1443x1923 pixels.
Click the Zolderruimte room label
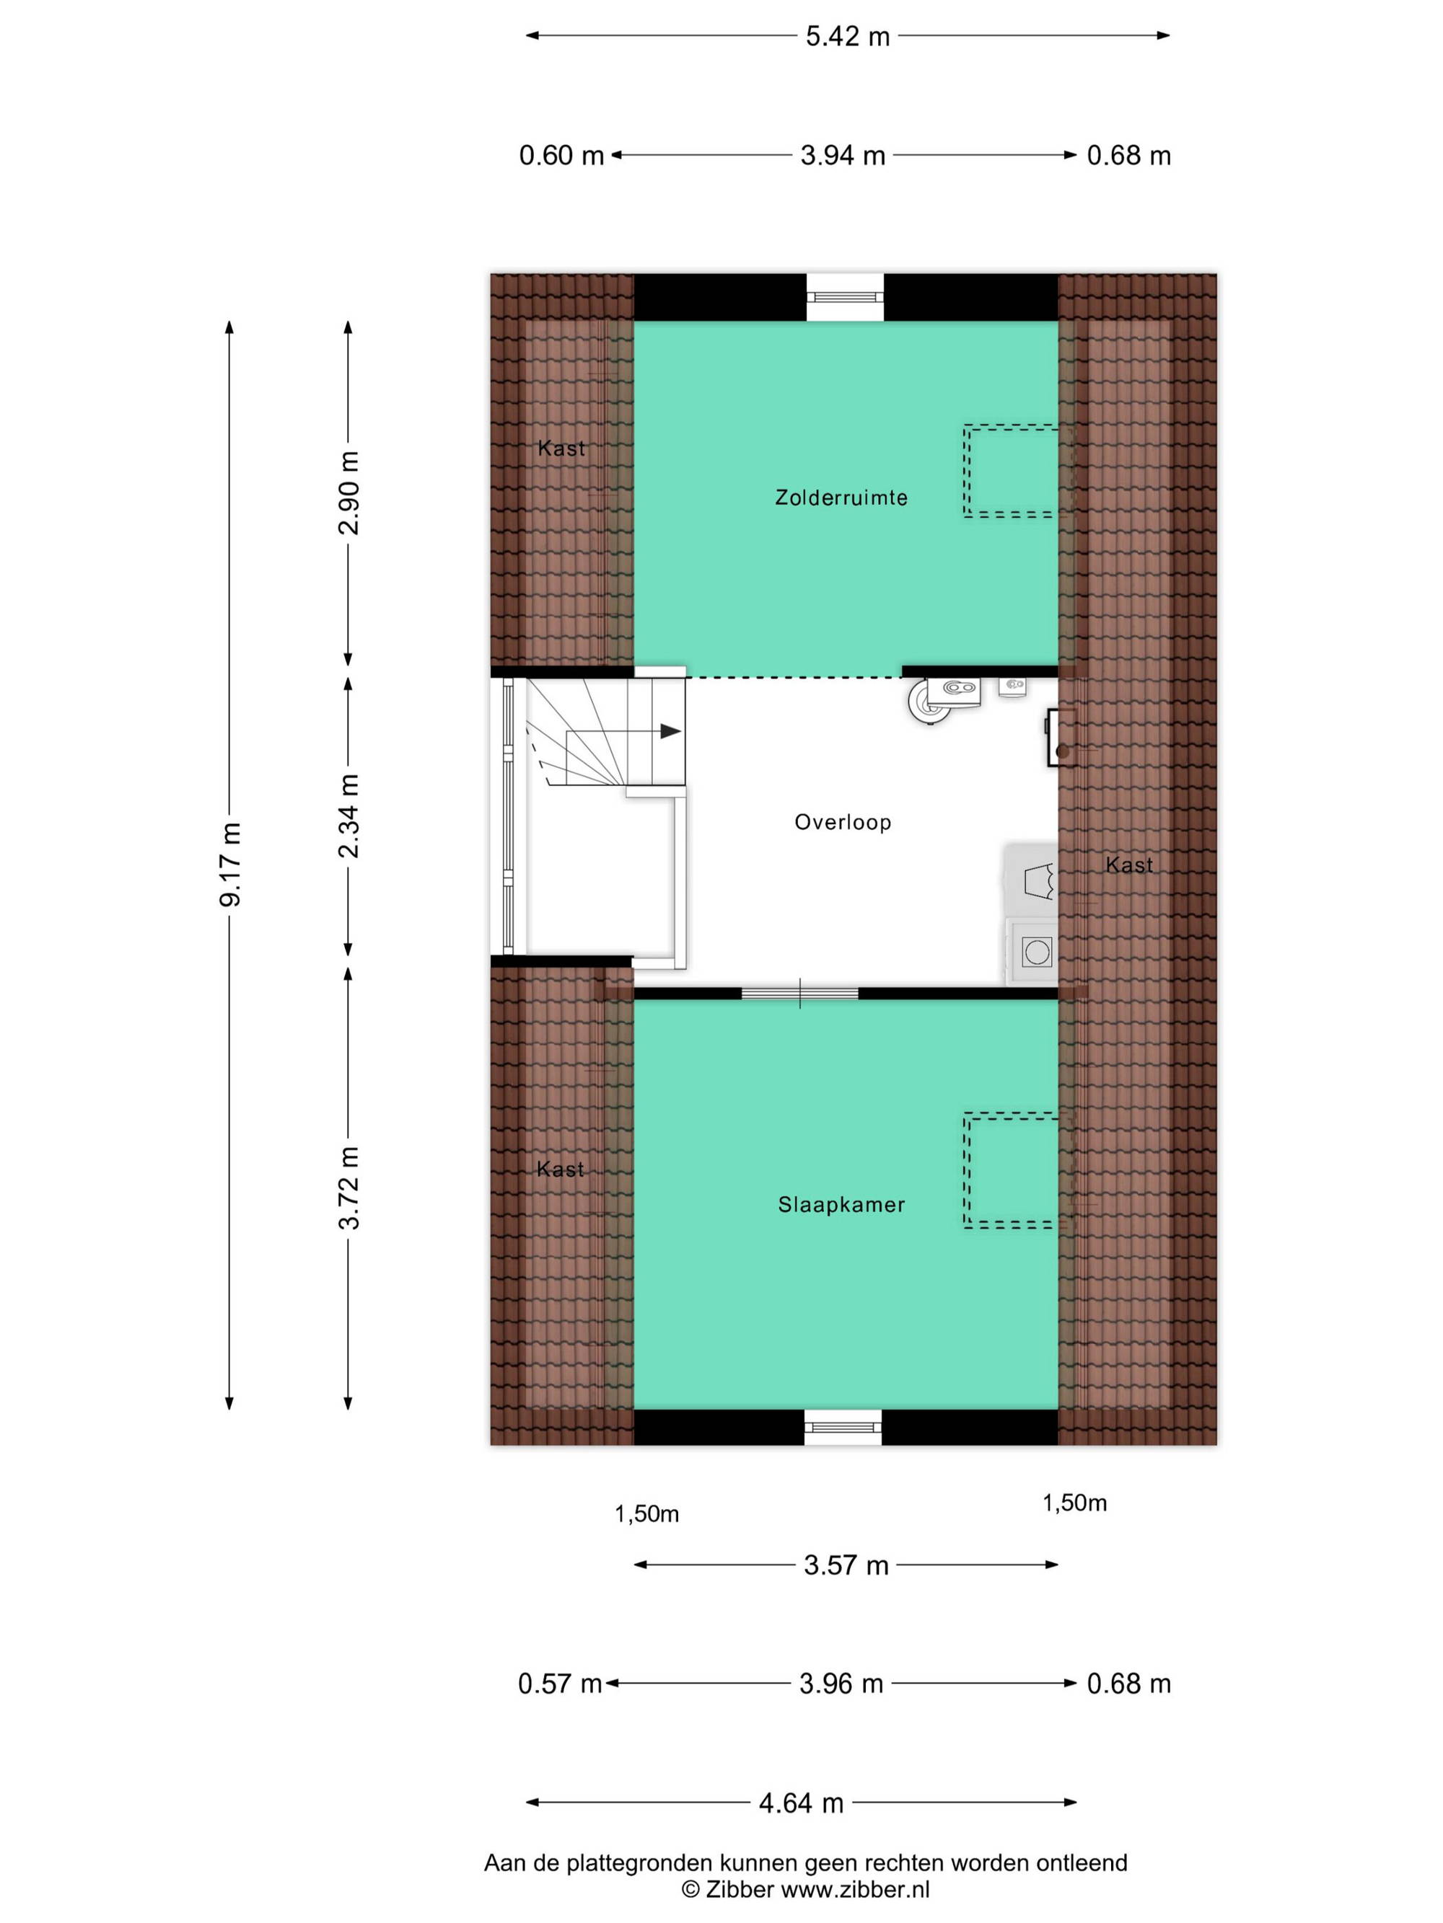(841, 498)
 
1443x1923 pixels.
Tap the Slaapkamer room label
(841, 1204)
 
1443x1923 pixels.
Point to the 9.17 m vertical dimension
(229, 863)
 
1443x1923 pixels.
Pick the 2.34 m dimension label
(348, 815)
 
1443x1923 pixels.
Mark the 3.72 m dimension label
(348, 1187)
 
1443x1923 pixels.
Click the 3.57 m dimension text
(846, 1565)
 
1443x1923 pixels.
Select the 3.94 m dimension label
(843, 156)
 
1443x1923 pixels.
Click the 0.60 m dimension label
(561, 156)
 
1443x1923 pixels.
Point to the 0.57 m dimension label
(560, 1684)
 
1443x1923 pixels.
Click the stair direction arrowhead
(670, 731)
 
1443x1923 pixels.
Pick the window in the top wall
(845, 297)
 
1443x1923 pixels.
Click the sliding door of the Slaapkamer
(799, 993)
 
